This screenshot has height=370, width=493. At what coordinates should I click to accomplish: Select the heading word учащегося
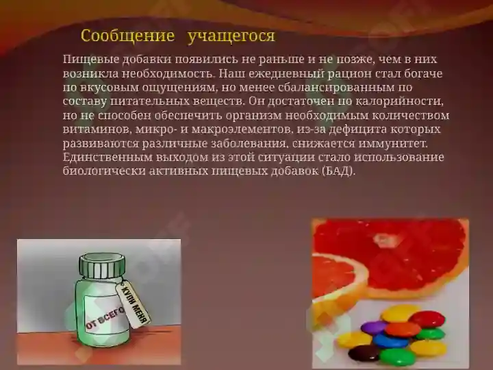coord(231,36)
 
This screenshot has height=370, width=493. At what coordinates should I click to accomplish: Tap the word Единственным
coord(103,158)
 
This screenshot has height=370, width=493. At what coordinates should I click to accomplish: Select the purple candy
coord(374,328)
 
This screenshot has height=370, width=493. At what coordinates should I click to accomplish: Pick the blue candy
coord(390,341)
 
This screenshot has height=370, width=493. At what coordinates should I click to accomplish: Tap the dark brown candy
coord(364,354)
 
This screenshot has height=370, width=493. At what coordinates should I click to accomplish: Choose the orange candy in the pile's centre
coord(403,329)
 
